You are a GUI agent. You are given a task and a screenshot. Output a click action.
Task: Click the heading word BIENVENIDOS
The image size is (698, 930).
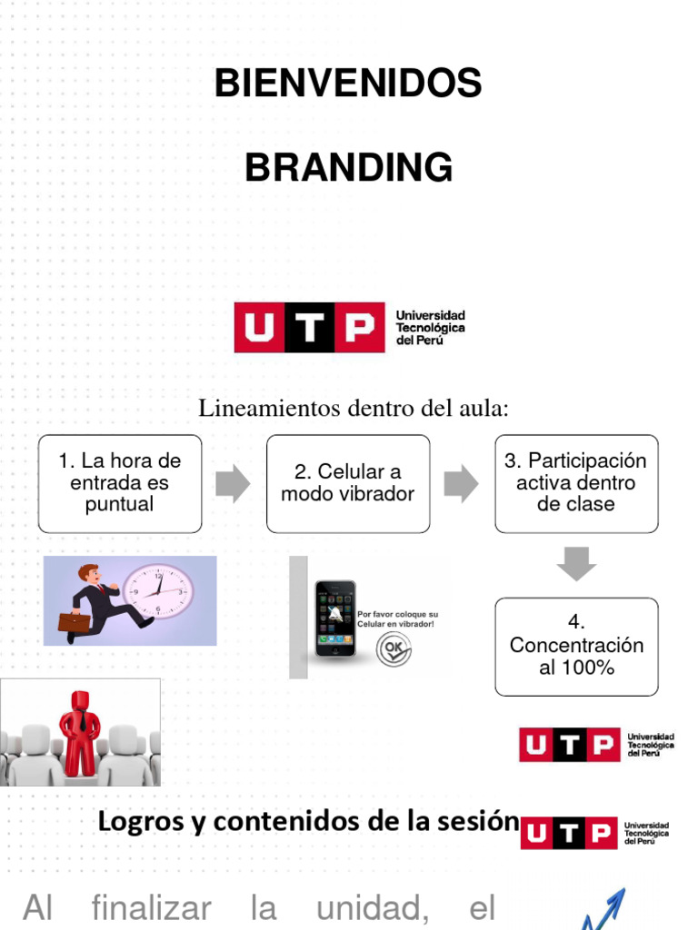pos(348,84)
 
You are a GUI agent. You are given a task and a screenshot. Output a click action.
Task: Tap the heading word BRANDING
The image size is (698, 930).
pos(348,168)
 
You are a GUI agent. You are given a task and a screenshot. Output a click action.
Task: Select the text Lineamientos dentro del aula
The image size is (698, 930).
pos(353,409)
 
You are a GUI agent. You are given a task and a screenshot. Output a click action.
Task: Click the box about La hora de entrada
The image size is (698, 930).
pos(120,483)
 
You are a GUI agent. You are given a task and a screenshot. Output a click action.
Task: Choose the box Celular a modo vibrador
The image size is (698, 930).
pos(348,483)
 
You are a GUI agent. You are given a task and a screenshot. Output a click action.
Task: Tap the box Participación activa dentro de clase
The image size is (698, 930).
pos(576,483)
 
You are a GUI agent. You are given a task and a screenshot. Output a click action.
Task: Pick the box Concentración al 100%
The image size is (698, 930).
pos(576,646)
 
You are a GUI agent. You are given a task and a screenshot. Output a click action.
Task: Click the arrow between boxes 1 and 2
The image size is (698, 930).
pos(233,484)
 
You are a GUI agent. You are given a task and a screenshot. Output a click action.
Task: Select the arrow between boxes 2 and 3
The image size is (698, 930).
pos(461,484)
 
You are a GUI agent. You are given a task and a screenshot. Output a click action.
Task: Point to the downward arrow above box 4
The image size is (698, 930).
pos(576,564)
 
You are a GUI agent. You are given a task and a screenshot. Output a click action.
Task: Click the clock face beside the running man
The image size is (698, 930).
pos(158,592)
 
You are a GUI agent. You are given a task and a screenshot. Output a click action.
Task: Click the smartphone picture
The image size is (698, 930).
pos(335,618)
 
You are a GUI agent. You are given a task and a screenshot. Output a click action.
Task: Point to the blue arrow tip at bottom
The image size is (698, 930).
pos(618,898)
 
